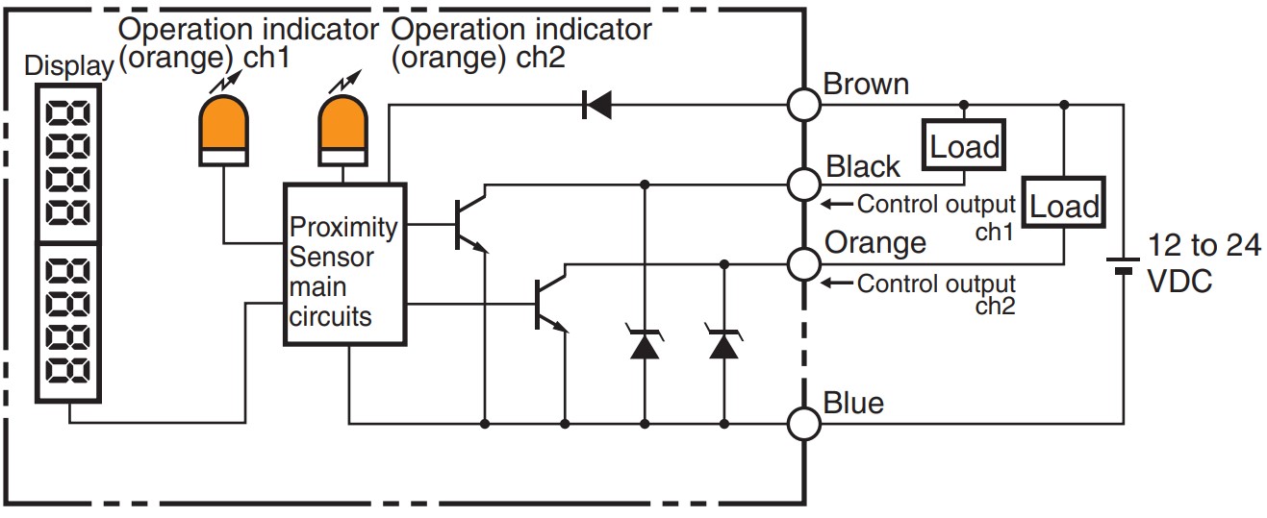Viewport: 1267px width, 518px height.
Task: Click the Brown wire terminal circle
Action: [804, 103]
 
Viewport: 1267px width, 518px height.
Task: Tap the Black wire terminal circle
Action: [804, 182]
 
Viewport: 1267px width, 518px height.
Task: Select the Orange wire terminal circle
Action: [804, 261]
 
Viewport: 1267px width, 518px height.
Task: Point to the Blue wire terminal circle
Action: [804, 422]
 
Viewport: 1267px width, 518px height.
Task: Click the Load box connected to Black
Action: [964, 146]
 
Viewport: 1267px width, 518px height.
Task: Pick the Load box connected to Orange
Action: [1064, 205]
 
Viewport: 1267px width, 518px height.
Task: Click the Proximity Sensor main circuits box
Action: [345, 263]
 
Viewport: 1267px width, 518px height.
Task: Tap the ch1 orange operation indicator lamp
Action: [223, 129]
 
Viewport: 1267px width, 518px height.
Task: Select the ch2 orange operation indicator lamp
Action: [343, 129]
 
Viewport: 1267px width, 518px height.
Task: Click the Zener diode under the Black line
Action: [644, 343]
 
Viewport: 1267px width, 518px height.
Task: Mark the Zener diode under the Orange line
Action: [723, 343]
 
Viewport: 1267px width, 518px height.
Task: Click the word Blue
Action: [853, 402]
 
